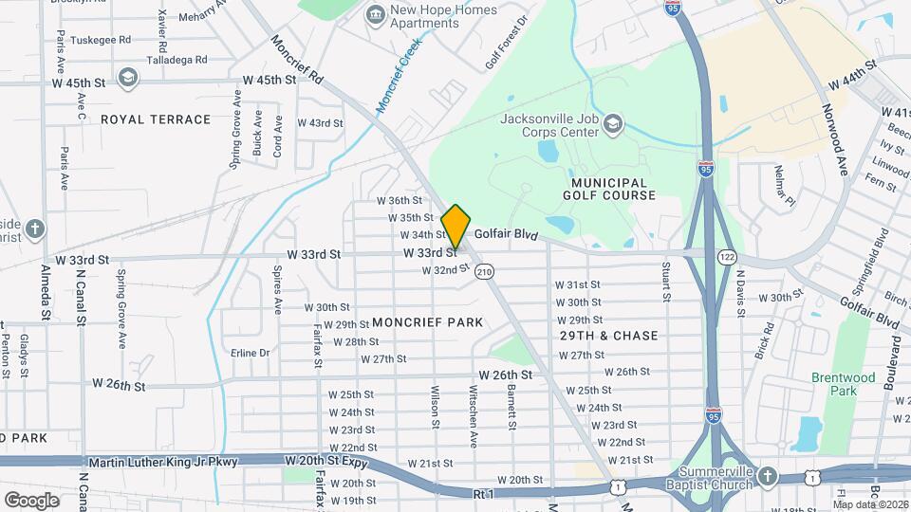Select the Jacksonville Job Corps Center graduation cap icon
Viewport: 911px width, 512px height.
614,124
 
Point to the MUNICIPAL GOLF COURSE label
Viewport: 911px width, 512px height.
614,189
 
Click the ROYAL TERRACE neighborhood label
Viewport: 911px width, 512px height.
156,119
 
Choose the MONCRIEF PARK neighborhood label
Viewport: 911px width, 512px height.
427,322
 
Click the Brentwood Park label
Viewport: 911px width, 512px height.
843,384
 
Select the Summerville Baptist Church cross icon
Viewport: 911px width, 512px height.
768,475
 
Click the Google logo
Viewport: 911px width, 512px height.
31,500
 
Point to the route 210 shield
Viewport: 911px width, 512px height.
485,271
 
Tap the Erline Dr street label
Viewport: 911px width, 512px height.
251,353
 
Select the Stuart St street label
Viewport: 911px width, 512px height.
666,278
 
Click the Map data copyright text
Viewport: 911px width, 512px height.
869,504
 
